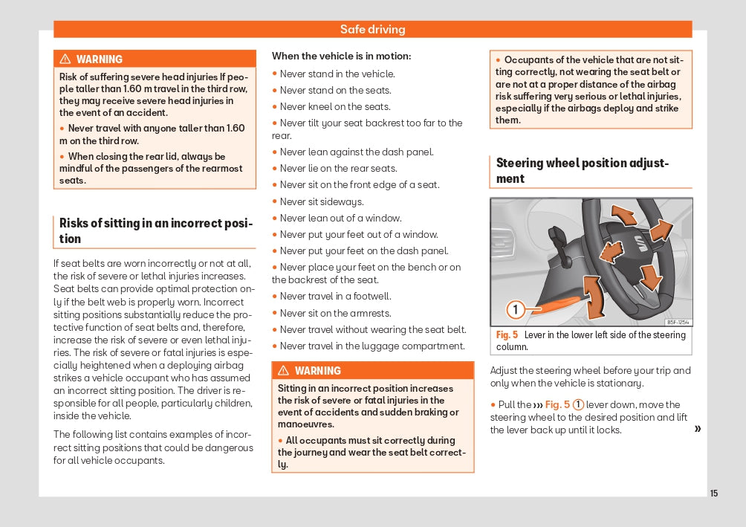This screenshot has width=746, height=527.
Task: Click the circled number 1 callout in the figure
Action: (x=516, y=308)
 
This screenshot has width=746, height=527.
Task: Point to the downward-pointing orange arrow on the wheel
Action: (x=651, y=277)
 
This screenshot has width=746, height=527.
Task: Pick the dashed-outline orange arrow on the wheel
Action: (x=611, y=251)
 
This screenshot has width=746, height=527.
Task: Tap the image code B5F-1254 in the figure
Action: (x=678, y=322)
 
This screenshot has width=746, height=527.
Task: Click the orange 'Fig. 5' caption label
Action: (x=507, y=335)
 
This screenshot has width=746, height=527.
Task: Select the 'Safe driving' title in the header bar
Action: (x=373, y=30)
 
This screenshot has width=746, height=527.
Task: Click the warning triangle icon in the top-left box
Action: (x=65, y=59)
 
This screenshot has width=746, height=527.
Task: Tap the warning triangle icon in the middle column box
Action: (x=284, y=371)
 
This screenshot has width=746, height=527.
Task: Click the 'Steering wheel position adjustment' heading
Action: (x=583, y=171)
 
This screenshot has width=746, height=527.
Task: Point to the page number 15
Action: (x=714, y=494)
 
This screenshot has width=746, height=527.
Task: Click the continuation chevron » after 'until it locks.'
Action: (x=697, y=429)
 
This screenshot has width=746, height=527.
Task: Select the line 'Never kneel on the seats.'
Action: (x=335, y=107)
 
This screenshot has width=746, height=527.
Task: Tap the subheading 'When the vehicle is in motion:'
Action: (x=341, y=56)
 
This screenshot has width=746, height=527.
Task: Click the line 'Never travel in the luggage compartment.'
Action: (x=372, y=346)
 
